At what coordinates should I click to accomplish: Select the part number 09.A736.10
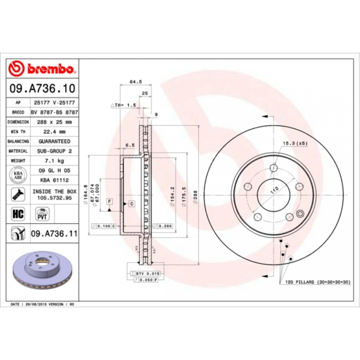[42, 88]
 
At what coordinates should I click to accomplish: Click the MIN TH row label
[18, 132]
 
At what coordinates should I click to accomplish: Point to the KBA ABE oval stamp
[18, 175]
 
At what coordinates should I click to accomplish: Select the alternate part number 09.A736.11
[54, 233]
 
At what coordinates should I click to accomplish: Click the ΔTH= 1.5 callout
[123, 105]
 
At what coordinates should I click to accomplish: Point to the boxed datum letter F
[110, 201]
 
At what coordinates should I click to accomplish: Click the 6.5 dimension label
[130, 144]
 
